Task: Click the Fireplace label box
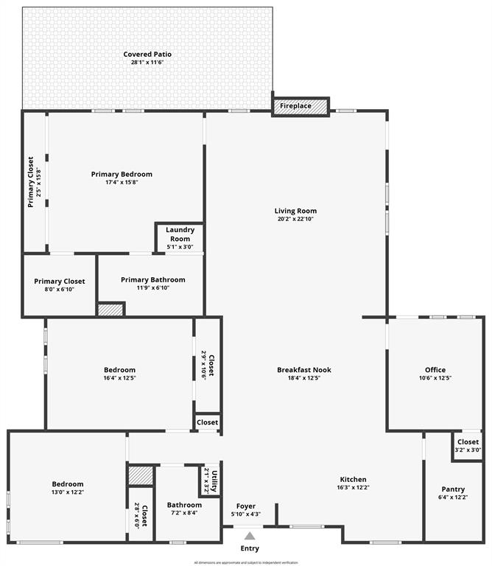tap(295, 106)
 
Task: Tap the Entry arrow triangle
tap(250, 536)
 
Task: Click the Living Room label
tap(295, 211)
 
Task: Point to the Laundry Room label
tap(180, 234)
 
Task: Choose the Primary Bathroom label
tap(153, 280)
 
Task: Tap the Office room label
tap(435, 370)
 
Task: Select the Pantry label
tap(453, 489)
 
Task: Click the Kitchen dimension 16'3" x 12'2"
tap(353, 487)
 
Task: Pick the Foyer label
tap(246, 506)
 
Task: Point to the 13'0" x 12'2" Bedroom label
tap(67, 492)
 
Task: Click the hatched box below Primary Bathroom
tap(110, 310)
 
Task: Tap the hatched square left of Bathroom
tap(140, 475)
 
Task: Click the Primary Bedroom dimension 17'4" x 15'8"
tap(122, 182)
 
